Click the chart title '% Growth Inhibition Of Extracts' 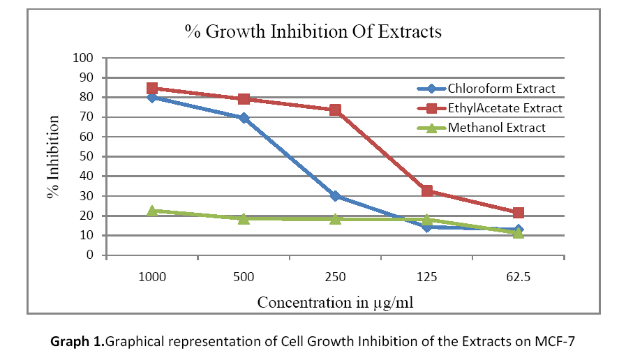pyautogui.click(x=313, y=32)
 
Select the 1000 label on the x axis pyautogui.click(x=152, y=277)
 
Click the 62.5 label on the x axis pyautogui.click(x=518, y=277)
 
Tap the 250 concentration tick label pyautogui.click(x=335, y=277)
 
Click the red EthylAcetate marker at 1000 pyautogui.click(x=152, y=89)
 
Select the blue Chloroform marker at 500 pyautogui.click(x=244, y=118)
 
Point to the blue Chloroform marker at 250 pyautogui.click(x=335, y=196)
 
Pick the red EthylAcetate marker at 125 pyautogui.click(x=427, y=190)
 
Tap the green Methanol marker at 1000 pyautogui.click(x=152, y=210)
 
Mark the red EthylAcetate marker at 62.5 pyautogui.click(x=518, y=213)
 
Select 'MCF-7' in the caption pyautogui.click(x=558, y=342)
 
